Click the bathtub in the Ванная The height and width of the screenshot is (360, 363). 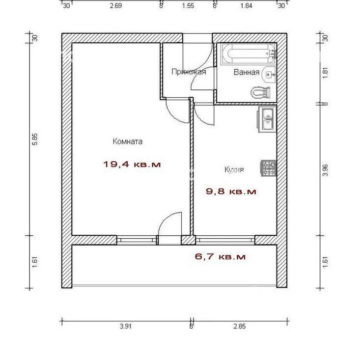click(x=249, y=54)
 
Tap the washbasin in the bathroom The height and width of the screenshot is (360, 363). click(x=269, y=74)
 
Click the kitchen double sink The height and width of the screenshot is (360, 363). click(x=267, y=120)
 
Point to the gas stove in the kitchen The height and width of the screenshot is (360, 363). click(x=269, y=168)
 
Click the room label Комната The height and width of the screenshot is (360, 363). click(x=128, y=141)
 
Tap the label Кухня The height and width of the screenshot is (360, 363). click(x=234, y=170)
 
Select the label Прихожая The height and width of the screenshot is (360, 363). click(x=189, y=72)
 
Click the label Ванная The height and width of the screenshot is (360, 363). click(x=246, y=72)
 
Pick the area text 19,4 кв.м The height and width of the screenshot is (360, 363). click(x=132, y=165)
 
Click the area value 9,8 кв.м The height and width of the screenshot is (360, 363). click(x=231, y=192)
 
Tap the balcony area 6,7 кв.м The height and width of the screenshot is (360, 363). click(x=221, y=257)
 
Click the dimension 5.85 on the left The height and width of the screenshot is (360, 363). click(x=35, y=139)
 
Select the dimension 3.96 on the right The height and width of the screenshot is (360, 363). click(x=325, y=170)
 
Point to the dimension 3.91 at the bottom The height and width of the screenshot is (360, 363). click(x=125, y=327)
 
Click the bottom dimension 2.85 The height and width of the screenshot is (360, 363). click(x=239, y=327)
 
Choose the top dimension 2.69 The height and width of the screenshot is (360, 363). click(x=116, y=5)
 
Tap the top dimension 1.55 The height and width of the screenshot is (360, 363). click(x=188, y=5)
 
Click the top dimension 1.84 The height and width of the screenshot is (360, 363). click(x=246, y=5)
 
